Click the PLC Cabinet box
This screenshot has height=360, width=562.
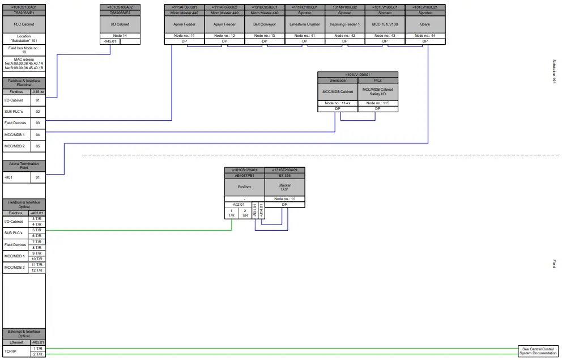point(24,24)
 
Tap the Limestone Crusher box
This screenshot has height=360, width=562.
point(305,24)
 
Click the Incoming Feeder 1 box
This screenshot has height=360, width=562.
point(344,24)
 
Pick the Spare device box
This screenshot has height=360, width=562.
point(425,24)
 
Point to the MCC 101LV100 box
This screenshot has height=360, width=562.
point(385,24)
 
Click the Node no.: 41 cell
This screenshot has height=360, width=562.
point(305,36)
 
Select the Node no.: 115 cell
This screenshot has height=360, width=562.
point(378,103)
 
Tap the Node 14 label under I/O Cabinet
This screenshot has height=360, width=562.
point(120,36)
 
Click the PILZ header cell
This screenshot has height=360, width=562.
point(378,81)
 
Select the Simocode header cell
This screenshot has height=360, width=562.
point(338,81)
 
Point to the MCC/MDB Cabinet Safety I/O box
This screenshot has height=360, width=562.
point(378,91)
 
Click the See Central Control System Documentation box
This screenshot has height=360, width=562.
point(538,351)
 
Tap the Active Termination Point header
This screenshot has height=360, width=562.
point(24,166)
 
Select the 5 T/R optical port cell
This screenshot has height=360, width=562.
point(37,230)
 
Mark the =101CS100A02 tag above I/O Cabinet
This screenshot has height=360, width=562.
point(120,7)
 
